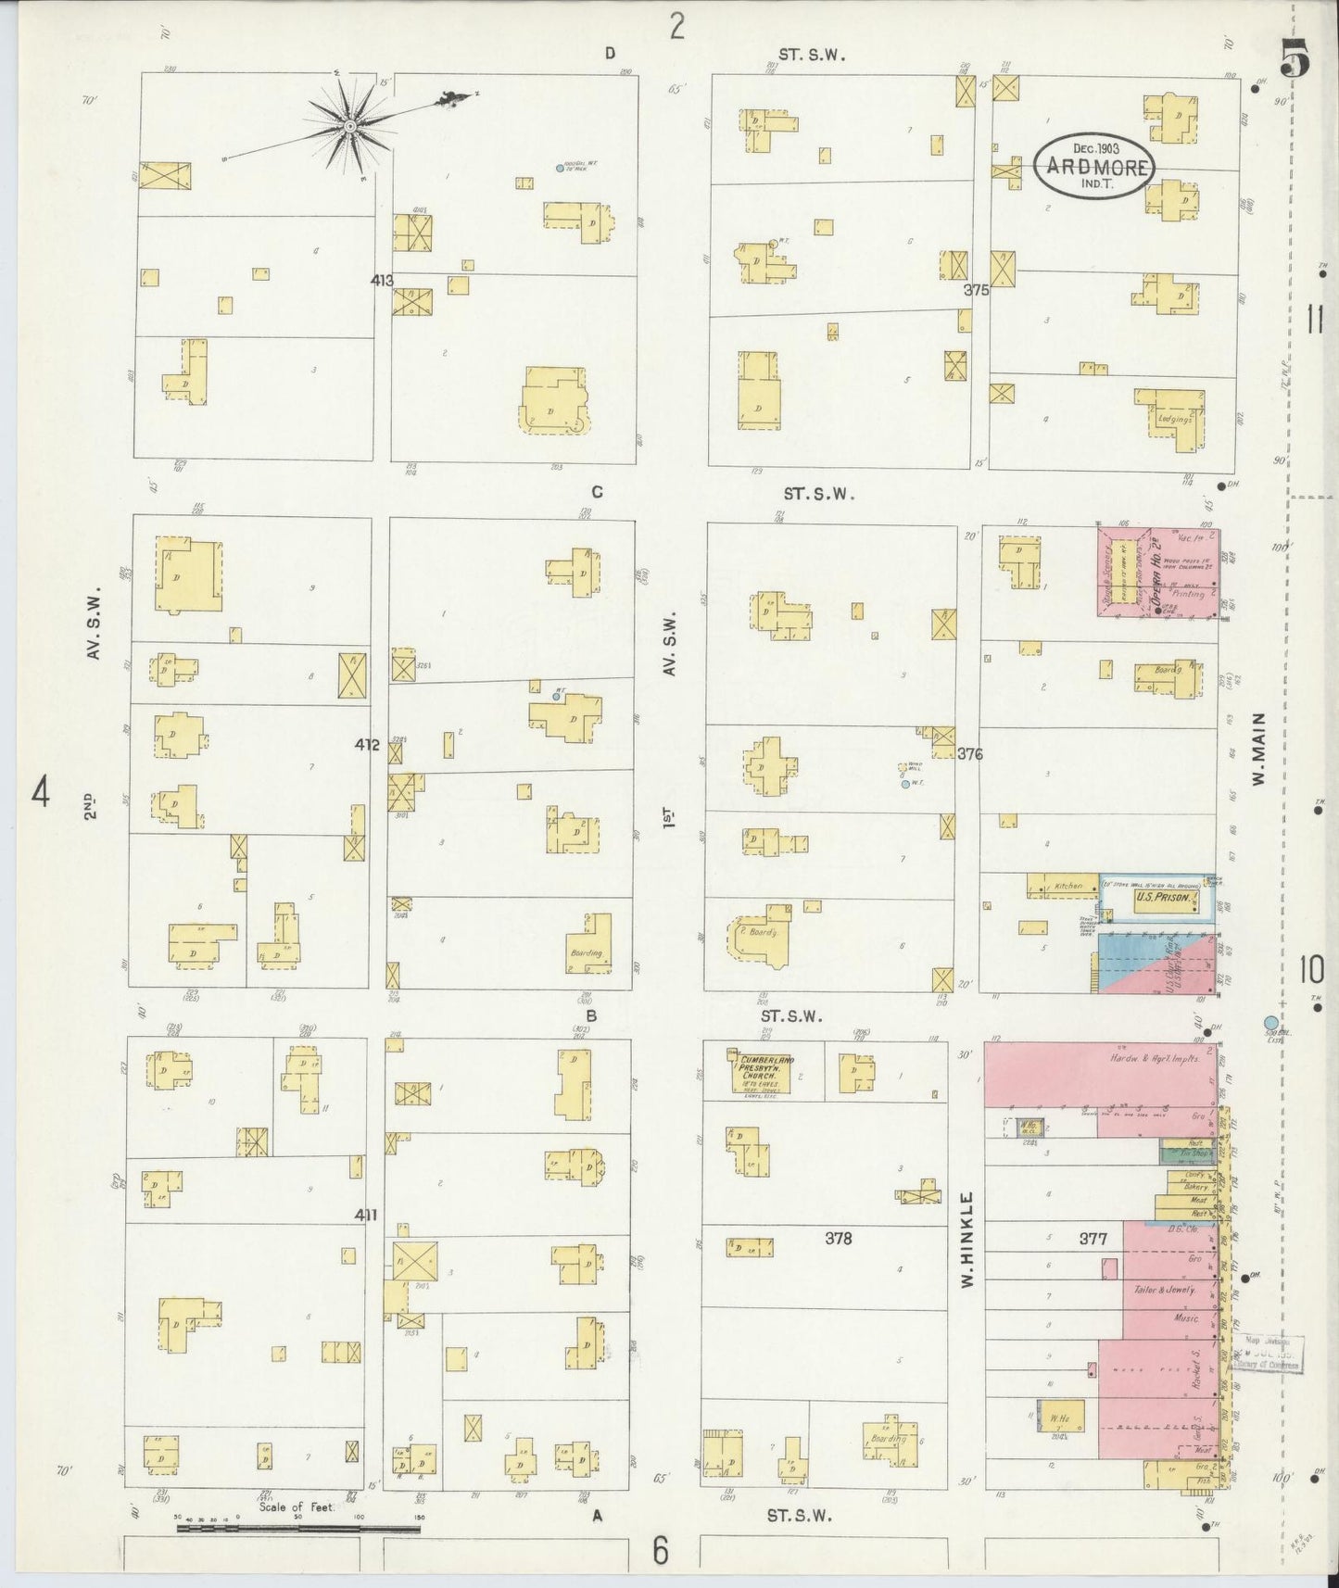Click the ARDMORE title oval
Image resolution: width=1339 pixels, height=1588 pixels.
coord(1094,166)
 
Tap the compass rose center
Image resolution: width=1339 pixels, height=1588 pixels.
coord(350,125)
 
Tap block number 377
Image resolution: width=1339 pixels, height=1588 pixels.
coord(1093,1238)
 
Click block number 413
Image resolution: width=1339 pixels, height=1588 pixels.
coord(381,281)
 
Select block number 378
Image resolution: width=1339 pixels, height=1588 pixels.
coord(839,1238)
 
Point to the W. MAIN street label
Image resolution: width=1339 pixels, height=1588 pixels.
coord(1257,750)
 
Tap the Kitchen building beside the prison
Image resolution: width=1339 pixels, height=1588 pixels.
coord(1067,886)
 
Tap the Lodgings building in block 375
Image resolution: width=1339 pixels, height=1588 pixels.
coord(1173,418)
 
